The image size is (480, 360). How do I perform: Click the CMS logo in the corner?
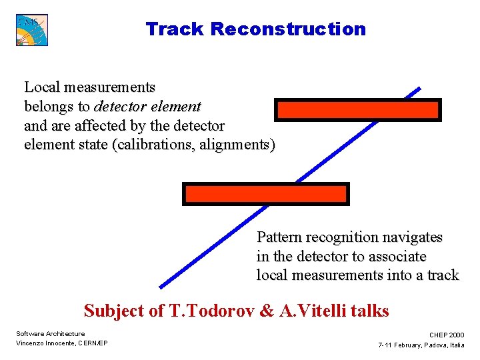click(x=32, y=30)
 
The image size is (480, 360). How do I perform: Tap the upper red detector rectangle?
click(x=358, y=110)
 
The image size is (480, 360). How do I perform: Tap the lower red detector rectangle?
click(x=265, y=194)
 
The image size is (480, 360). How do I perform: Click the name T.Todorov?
click(x=204, y=311)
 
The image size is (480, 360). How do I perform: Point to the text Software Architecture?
click(x=51, y=333)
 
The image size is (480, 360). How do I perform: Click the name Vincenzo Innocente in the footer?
click(x=46, y=343)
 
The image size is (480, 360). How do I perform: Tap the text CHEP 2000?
click(x=447, y=335)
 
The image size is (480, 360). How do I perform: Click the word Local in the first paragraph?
click(x=42, y=87)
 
